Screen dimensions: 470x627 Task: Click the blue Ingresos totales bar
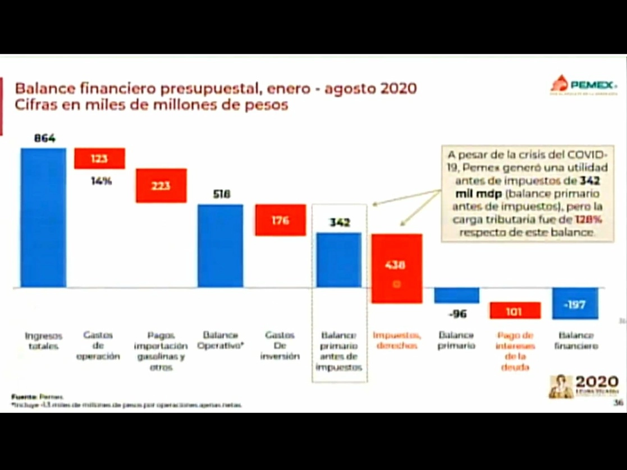click(43, 217)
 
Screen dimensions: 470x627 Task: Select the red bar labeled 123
click(99, 158)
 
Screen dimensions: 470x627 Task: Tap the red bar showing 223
click(161, 186)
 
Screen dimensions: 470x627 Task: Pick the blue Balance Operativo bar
click(220, 245)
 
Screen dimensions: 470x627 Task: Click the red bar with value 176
click(280, 220)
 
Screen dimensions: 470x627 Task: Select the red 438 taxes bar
click(396, 268)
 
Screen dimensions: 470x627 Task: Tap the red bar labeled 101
click(515, 311)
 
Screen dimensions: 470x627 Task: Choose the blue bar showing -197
click(575, 304)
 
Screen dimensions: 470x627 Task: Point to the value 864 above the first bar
click(45, 139)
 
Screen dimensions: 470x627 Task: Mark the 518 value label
click(221, 194)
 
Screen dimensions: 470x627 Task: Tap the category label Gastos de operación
click(98, 345)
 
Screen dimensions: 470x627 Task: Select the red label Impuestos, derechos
click(397, 340)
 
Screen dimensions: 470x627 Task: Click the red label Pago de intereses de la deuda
click(515, 351)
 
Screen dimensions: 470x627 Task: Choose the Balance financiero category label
click(575, 340)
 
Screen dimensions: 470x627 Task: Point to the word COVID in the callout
click(584, 154)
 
